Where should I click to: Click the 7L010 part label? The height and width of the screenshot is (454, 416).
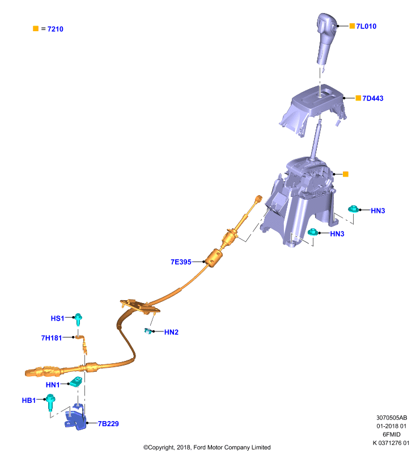pyautogui.click(x=366, y=26)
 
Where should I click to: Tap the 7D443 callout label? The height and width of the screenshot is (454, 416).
pyautogui.click(x=372, y=98)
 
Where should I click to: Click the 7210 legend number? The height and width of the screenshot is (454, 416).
pyautogui.click(x=55, y=29)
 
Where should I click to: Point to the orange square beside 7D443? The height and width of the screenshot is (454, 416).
pyautogui.click(x=358, y=98)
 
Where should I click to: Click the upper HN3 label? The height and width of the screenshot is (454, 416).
pyautogui.click(x=378, y=211)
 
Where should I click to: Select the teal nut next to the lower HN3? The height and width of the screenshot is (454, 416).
pyautogui.click(x=312, y=232)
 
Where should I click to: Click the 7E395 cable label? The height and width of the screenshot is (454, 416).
pyautogui.click(x=181, y=262)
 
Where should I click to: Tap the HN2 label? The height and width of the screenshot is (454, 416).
pyautogui.click(x=171, y=332)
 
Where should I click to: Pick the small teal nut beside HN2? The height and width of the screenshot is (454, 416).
pyautogui.click(x=148, y=331)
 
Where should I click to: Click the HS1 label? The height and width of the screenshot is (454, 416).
pyautogui.click(x=57, y=318)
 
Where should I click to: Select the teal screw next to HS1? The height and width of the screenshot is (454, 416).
pyautogui.click(x=78, y=320)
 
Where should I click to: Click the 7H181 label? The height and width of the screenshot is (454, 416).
pyautogui.click(x=52, y=338)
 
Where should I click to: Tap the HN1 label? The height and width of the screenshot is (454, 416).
pyautogui.click(x=53, y=385)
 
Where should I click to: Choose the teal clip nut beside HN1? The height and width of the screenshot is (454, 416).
pyautogui.click(x=76, y=381)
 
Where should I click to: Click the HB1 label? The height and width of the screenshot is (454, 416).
pyautogui.click(x=28, y=401)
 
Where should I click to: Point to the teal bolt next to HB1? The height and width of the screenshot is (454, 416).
pyautogui.click(x=50, y=402)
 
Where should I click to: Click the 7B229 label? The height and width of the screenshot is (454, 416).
pyautogui.click(x=108, y=424)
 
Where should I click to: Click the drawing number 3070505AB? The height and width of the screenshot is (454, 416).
pyautogui.click(x=392, y=418)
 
